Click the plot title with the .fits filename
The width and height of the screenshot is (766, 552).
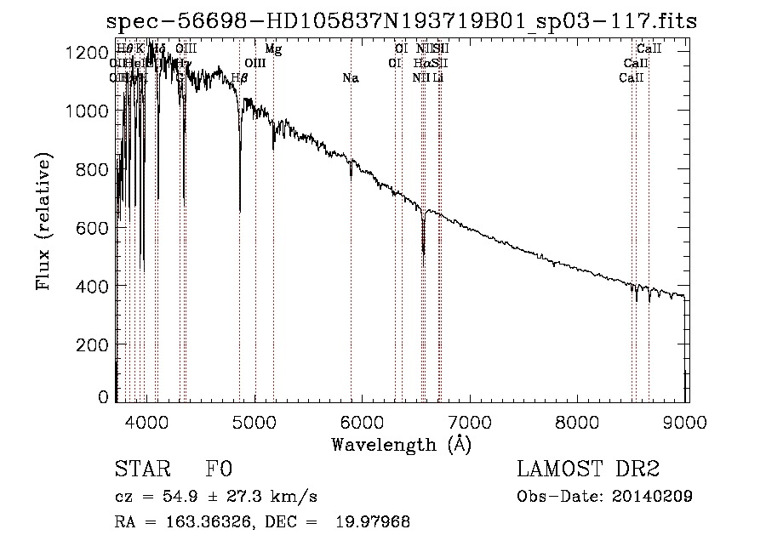406,21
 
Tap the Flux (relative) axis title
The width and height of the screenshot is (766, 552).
44,221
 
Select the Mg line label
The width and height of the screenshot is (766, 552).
273,49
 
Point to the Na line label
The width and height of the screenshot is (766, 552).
351,78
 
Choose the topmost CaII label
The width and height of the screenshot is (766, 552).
649,49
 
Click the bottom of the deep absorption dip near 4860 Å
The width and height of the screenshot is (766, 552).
240,209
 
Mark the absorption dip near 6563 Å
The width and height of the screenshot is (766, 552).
423,251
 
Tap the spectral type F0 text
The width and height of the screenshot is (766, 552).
219,470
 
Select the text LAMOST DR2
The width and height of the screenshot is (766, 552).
588,470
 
